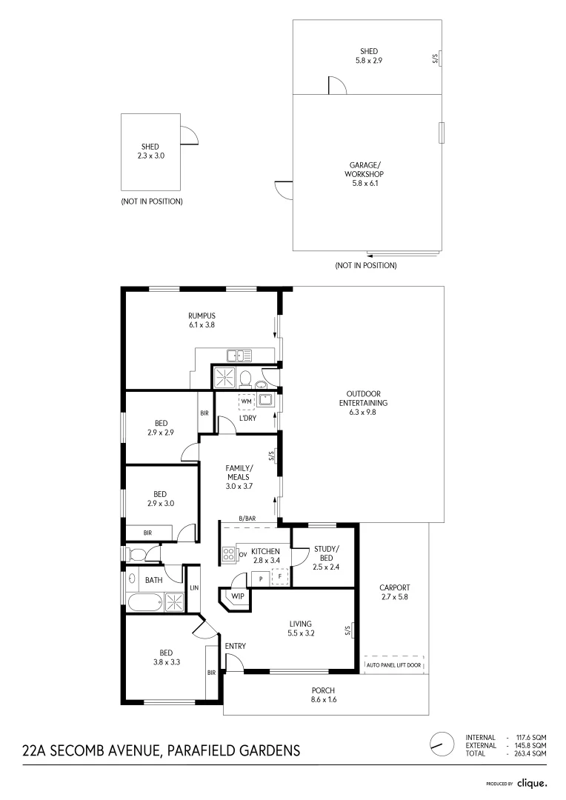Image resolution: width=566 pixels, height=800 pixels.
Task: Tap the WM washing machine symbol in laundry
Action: tap(246, 401)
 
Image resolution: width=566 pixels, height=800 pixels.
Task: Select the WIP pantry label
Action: tap(238, 596)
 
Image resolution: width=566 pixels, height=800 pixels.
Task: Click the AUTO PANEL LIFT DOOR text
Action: tap(393, 665)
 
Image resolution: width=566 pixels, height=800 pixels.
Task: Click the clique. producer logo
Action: tap(532, 783)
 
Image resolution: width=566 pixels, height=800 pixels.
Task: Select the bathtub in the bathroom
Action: tap(144, 602)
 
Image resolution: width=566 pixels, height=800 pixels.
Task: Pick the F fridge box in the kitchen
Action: tap(281, 577)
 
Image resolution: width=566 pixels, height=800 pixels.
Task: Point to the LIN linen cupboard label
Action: tap(193, 587)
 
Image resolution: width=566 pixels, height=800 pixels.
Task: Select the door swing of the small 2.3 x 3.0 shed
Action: tap(189, 136)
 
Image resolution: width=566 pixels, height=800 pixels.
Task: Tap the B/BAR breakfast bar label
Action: tap(247, 519)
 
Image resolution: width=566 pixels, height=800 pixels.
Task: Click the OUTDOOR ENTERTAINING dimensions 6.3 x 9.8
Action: tap(363, 413)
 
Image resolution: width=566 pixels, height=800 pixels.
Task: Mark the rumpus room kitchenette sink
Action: tap(239, 355)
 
